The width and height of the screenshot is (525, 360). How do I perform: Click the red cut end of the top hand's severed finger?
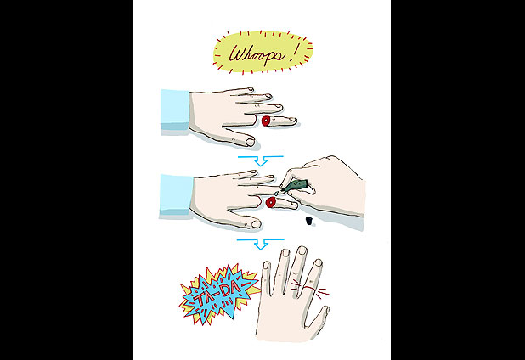(266, 121)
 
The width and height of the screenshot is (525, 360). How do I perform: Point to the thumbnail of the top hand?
(250, 142)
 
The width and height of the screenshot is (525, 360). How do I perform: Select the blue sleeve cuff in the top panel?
(175, 110)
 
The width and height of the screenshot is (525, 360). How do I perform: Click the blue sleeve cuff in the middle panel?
(176, 194)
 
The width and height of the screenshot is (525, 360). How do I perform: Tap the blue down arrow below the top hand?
(261, 160)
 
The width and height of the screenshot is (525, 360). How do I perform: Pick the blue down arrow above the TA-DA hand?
(261, 244)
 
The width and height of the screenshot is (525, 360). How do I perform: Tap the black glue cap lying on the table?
(308, 221)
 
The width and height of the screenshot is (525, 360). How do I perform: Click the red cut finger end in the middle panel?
(270, 202)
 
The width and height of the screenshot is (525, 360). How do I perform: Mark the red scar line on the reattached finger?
(310, 287)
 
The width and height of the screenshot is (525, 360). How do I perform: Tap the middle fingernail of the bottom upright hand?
(302, 251)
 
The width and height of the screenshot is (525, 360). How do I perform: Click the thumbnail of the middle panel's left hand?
(257, 224)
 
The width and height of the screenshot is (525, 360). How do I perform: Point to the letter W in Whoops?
(237, 53)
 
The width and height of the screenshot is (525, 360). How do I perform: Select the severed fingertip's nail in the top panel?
(292, 119)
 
